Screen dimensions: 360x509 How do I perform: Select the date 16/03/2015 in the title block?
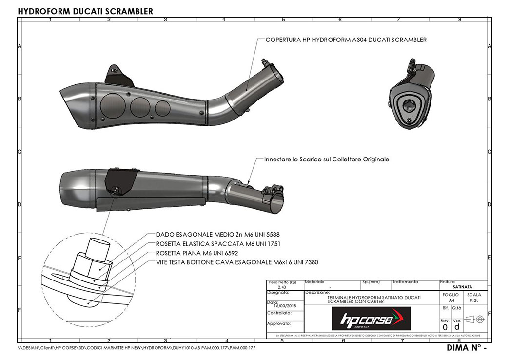(x=285, y=305)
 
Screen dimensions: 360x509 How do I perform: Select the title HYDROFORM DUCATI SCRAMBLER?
(x=85, y=11)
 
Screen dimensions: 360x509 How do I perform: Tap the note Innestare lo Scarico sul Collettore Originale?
(x=326, y=160)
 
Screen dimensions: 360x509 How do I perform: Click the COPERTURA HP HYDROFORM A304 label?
(x=346, y=40)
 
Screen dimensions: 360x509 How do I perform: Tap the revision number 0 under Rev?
(x=445, y=327)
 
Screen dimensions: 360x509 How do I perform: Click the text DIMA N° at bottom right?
(x=466, y=348)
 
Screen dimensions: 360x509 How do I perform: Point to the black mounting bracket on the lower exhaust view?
(x=121, y=180)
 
